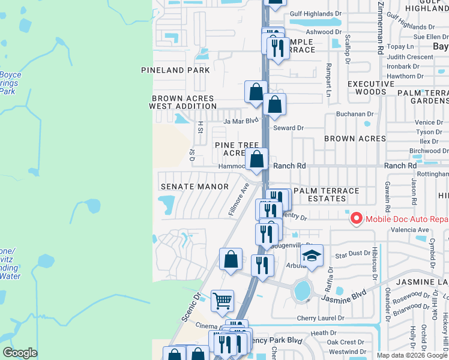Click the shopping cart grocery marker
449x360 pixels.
point(222,301)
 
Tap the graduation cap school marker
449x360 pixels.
point(312,256)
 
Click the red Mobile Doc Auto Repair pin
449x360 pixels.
point(356,218)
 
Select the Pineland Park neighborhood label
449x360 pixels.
point(175,70)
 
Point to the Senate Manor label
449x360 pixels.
point(194,187)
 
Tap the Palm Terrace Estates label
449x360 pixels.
point(326,194)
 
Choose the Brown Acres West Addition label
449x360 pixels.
point(183,102)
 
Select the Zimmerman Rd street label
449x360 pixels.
point(381,27)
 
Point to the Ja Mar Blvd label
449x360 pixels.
point(241,121)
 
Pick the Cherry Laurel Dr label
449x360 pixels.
point(321,318)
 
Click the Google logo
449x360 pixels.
point(20,353)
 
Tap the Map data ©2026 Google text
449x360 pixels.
point(412,355)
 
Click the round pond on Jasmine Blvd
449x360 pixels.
point(303,291)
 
